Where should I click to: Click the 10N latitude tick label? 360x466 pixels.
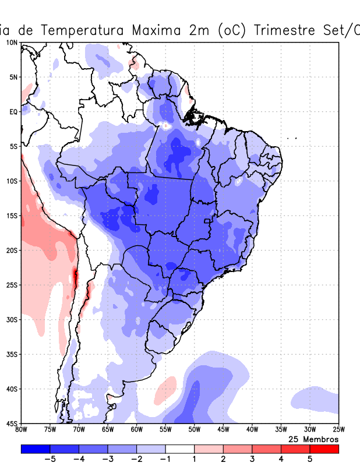tap(12, 43)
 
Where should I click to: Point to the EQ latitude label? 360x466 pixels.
tap(13, 112)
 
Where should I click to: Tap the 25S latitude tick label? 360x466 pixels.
tap(12, 285)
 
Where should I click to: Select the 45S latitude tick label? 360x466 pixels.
tap(12, 423)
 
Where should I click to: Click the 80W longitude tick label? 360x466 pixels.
tap(22, 430)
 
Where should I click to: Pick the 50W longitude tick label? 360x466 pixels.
tap(195, 430)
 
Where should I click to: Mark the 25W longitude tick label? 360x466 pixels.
tap(338, 430)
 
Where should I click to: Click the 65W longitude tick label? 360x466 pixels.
tap(108, 430)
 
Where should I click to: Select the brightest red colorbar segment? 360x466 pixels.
tap(324, 449)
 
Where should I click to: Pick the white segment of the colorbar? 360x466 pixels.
tap(180, 449)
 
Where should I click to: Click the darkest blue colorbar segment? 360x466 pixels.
tap(36, 449)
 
